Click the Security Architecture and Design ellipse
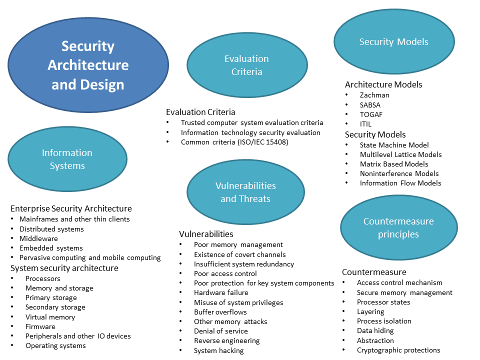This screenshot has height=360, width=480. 88,65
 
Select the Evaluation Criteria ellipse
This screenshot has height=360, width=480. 246,65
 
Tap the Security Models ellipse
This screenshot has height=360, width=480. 394,42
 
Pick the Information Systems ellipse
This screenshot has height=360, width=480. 67,159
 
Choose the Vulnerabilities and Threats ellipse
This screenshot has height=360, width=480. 245,192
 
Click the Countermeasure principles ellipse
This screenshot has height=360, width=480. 398,227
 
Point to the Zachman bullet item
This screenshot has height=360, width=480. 374,95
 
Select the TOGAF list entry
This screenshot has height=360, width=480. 371,114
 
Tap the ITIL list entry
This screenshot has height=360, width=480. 365,124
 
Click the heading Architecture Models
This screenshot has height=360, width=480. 383,84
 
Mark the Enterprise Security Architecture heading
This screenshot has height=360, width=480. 71,208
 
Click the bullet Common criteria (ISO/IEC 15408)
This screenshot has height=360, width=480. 234,142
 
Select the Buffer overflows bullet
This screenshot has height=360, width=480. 220,312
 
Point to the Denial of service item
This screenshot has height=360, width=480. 221,331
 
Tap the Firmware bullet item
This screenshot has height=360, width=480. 40,326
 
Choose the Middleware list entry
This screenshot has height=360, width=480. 38,238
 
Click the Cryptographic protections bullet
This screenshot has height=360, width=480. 398,350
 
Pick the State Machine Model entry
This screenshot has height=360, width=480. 394,145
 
